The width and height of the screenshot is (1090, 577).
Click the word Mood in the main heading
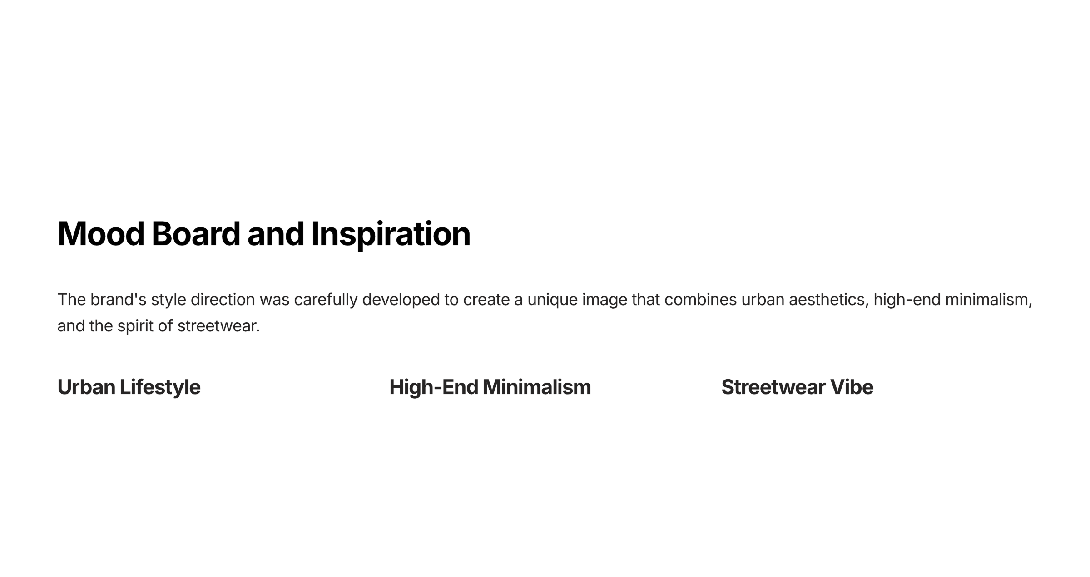coord(101,234)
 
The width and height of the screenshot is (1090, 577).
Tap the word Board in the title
coord(195,234)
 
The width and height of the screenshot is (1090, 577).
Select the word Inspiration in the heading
coord(391,235)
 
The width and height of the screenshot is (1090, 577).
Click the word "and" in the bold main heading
coord(275,234)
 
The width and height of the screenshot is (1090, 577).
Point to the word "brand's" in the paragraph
coord(118,300)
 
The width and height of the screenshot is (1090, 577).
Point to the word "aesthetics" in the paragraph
coord(829,300)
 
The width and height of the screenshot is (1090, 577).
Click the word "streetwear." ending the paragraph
coord(218,326)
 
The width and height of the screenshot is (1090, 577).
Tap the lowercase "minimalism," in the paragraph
coord(989,300)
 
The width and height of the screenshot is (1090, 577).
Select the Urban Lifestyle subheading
coord(129,388)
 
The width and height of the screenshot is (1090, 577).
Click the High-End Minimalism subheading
coord(490,388)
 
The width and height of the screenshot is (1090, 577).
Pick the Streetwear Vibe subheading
coord(797,387)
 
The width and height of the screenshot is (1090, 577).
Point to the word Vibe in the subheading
coord(852,387)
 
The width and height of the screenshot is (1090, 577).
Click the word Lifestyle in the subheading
coord(160,388)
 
